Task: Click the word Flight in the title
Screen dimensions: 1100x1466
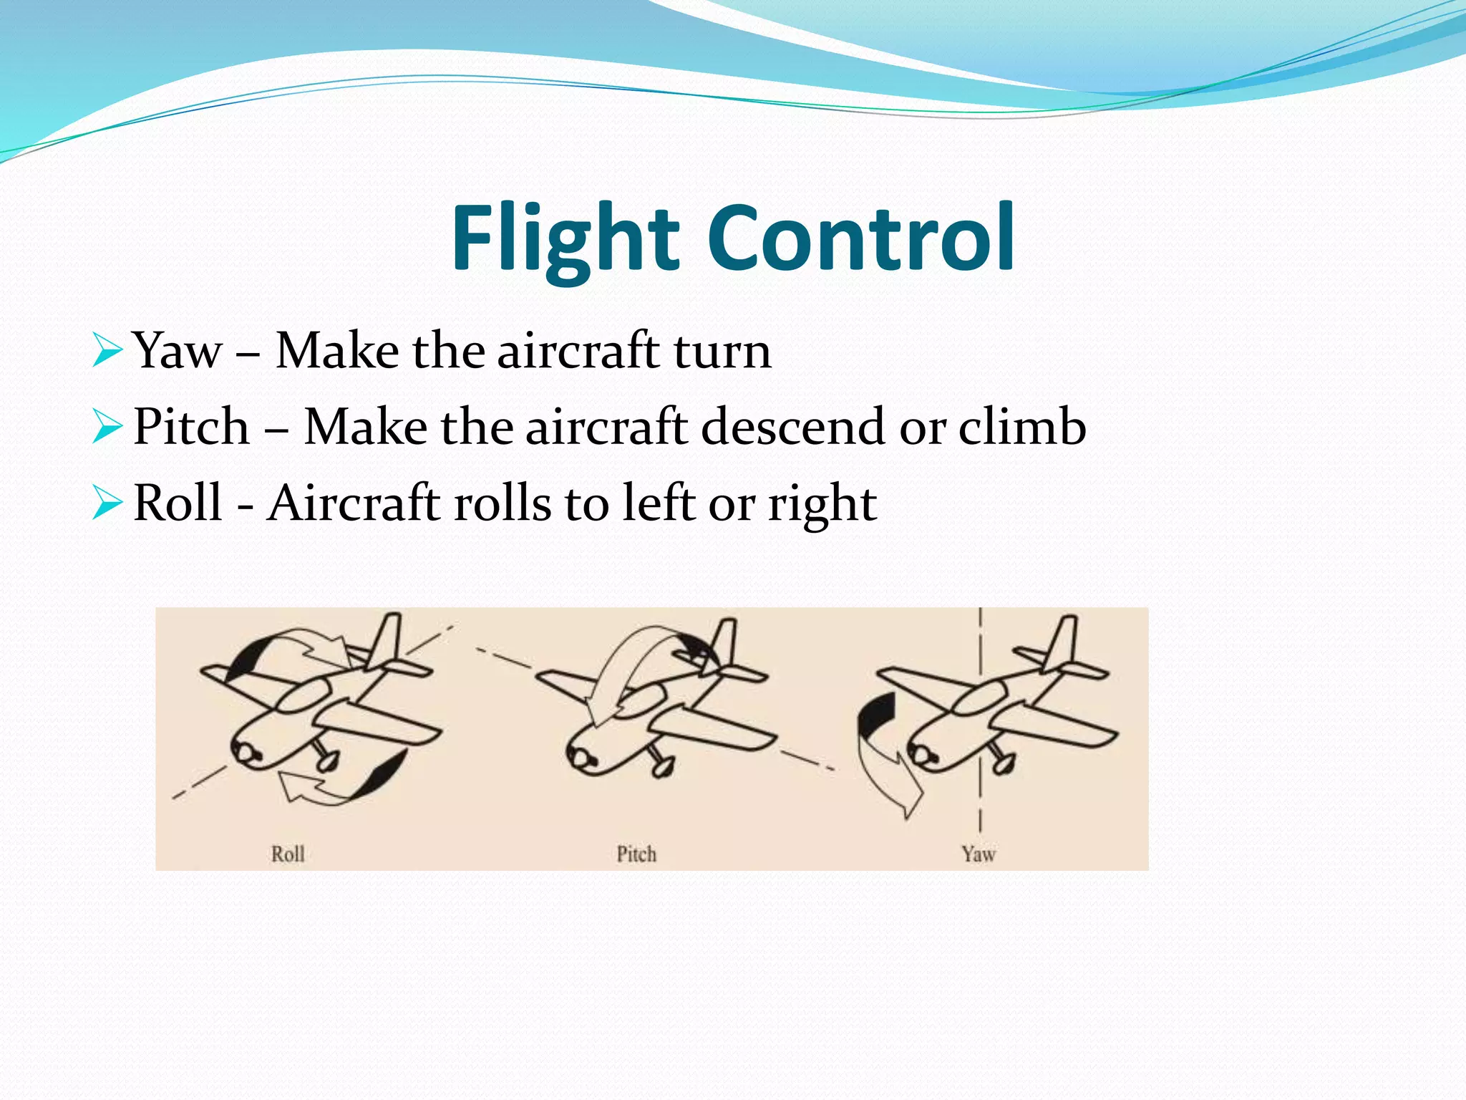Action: [565, 238]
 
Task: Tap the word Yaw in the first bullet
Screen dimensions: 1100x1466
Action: [178, 351]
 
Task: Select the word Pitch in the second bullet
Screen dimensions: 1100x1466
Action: [191, 427]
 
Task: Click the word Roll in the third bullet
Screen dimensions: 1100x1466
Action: [178, 503]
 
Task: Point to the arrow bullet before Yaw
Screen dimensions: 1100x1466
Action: [107, 351]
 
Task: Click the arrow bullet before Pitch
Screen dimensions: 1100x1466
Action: [107, 427]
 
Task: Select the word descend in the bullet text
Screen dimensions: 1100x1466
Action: [793, 427]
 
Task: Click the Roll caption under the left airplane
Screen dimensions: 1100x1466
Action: [288, 854]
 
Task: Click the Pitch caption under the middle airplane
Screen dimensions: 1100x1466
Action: [636, 854]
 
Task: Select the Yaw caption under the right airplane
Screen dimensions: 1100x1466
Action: [978, 854]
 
